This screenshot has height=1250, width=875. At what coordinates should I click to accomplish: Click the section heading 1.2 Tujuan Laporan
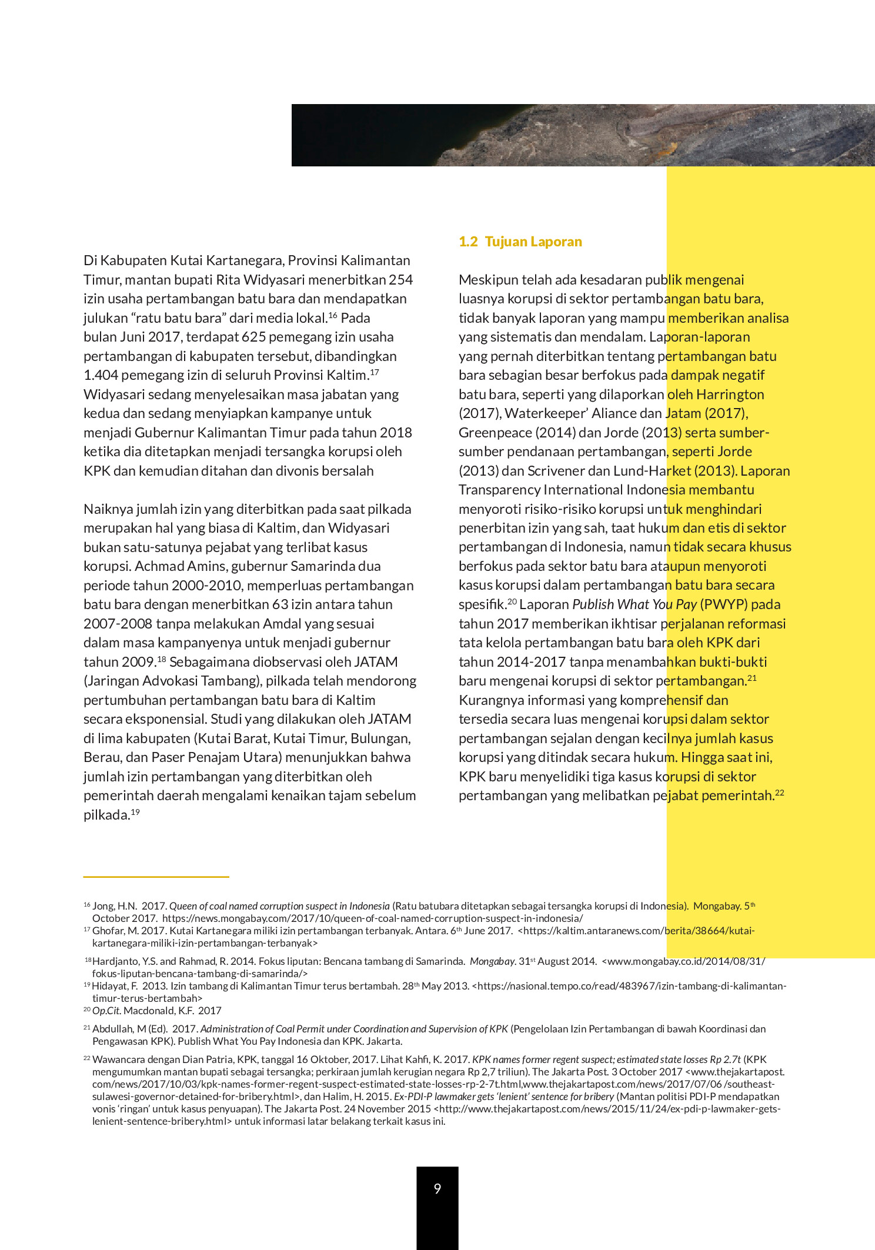(520, 242)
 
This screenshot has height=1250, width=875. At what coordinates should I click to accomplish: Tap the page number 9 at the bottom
(437, 1189)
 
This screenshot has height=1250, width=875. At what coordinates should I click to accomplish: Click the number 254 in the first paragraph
(400, 280)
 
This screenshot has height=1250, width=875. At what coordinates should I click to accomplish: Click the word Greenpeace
(495, 433)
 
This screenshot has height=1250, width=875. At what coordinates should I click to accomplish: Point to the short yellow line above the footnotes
(156, 877)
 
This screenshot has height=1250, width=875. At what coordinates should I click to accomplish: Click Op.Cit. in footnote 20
(106, 1011)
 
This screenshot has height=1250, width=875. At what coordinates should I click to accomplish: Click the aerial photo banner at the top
(582, 135)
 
